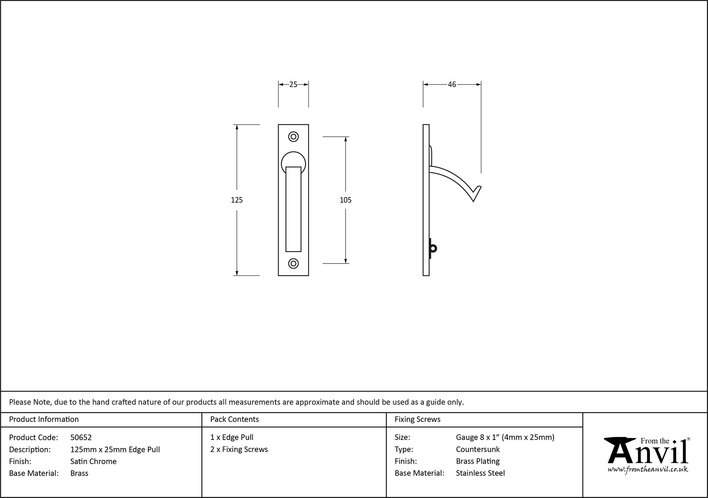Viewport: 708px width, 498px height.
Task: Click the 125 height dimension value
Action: click(237, 200)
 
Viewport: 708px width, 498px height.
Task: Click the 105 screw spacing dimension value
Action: click(346, 200)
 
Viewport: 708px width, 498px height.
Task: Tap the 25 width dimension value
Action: click(293, 84)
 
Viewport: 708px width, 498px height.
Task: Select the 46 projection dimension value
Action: click(452, 84)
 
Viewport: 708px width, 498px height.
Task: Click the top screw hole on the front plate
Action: click(293, 137)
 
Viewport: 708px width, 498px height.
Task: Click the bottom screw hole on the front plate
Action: click(293, 264)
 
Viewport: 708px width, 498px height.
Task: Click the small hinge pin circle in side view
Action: click(434, 248)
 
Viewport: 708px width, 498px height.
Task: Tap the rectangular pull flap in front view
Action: click(293, 209)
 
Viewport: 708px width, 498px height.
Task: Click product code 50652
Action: click(81, 437)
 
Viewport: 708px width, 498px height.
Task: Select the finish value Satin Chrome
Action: click(93, 461)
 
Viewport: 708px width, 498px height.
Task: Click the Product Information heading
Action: click(44, 419)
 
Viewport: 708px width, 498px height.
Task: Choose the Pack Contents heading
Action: click(234, 419)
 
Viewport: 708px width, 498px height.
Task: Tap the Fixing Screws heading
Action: click(417, 419)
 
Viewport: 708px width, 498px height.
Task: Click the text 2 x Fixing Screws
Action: click(239, 449)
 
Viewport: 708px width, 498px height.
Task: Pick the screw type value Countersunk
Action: click(478, 449)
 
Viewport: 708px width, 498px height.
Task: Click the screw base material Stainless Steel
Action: click(480, 473)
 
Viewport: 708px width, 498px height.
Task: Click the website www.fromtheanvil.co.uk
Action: click(648, 470)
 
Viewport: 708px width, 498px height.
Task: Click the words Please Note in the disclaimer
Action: click(30, 402)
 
